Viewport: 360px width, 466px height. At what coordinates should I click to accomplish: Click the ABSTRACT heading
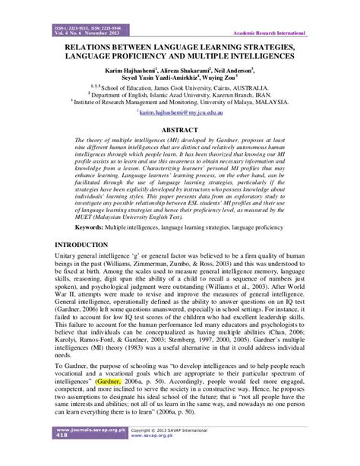(x=180, y=129)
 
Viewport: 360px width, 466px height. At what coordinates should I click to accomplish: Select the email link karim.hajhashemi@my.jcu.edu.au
(x=179, y=112)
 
